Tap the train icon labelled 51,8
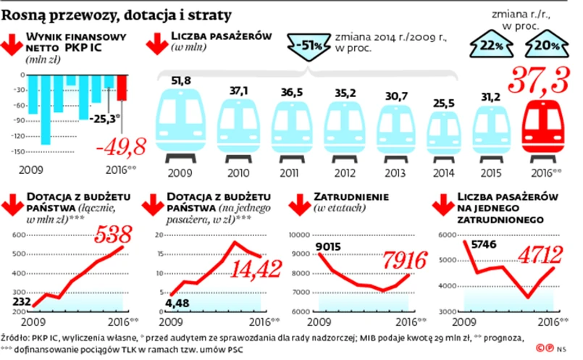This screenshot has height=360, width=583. [x=180, y=119]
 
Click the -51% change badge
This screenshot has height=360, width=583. [x=311, y=48]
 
